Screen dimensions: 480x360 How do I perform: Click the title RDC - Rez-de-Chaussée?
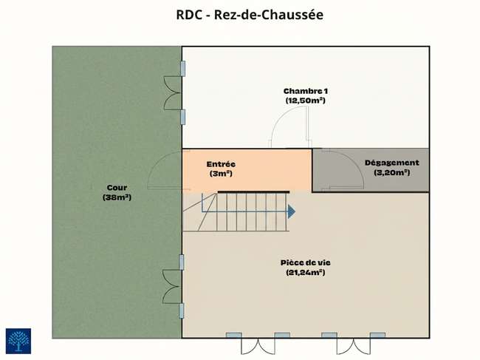250,15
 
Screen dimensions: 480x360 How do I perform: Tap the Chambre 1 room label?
306,91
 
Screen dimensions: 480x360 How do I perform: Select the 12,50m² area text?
305,101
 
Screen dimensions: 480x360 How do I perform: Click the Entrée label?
221,164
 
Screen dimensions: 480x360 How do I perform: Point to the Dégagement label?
392,163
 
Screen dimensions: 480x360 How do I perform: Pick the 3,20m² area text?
392,172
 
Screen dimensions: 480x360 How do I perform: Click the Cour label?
117,188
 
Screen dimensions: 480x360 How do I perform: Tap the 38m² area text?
117,197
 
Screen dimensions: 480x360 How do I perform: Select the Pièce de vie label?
306,262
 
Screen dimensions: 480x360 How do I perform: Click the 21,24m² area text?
306,272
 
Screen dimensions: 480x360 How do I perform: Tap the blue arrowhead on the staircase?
292,211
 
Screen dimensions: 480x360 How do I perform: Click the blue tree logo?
18,341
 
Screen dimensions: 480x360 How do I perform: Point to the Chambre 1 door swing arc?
279,118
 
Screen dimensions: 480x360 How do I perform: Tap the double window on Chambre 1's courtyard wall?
172,93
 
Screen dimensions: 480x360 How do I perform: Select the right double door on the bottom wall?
354,344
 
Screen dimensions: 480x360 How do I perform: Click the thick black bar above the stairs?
253,192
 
